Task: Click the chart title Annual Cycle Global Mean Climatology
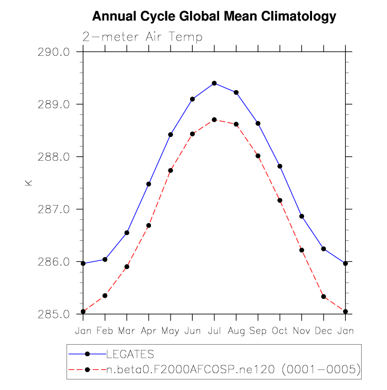[214, 17]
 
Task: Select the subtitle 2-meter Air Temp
[142, 36]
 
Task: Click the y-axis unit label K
[29, 183]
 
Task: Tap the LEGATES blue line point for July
[214, 83]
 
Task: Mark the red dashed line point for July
[214, 120]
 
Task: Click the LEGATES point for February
[105, 259]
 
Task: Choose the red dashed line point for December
[324, 297]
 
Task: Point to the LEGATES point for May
[171, 135]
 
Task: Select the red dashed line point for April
[149, 226]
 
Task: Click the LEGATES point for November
[301, 216]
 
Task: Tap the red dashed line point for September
[258, 155]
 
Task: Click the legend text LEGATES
[130, 354]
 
